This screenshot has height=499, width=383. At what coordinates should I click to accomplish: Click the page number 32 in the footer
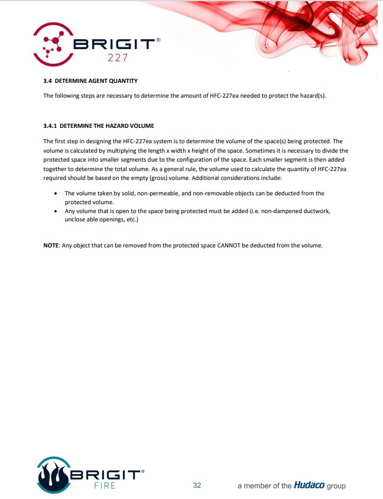[x=197, y=485]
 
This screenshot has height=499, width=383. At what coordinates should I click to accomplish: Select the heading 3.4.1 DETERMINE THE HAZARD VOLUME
[x=98, y=125]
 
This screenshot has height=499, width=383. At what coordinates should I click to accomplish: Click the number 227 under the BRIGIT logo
[x=118, y=58]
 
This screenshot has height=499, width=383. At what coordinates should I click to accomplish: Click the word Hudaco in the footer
[x=309, y=485]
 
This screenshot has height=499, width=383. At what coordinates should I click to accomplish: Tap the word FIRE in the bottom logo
[x=105, y=486]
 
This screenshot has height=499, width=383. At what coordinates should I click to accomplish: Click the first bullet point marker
[x=55, y=194]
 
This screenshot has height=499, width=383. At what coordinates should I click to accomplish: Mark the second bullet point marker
[x=55, y=211]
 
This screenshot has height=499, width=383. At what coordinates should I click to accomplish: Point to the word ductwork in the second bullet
[x=311, y=211]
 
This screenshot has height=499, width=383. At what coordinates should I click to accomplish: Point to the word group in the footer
[x=335, y=485]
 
